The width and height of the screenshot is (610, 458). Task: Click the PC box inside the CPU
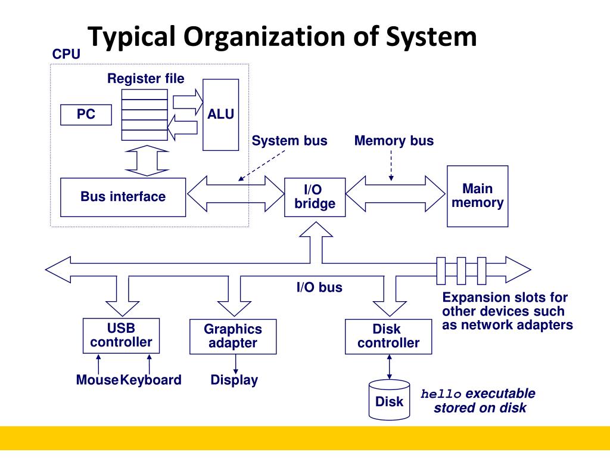[x=86, y=114]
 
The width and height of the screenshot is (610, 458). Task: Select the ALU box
[x=220, y=114]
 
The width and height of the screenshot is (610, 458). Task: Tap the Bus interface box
[x=123, y=197]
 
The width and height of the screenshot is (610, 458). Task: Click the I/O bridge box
[x=315, y=197]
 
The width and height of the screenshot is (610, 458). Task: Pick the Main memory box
[x=477, y=196]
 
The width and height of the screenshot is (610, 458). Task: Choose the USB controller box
[x=121, y=336]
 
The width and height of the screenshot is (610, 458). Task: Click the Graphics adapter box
[x=233, y=336]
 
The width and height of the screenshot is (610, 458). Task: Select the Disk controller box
[x=388, y=336]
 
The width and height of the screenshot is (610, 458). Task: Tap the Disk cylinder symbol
[x=389, y=400]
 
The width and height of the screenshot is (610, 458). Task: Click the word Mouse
[x=97, y=380]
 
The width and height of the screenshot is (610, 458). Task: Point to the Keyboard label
[x=151, y=380]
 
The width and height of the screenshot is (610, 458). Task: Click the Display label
[x=234, y=380]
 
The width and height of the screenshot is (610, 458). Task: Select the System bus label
[x=290, y=141]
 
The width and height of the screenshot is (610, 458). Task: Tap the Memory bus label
[x=394, y=141]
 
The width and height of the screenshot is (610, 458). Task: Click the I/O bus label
[x=319, y=287]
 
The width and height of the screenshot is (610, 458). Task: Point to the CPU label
[x=66, y=54]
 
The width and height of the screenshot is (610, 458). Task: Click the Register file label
[x=146, y=78]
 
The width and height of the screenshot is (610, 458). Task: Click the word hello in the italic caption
[x=441, y=394]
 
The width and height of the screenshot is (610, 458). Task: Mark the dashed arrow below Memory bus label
[x=391, y=166]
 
